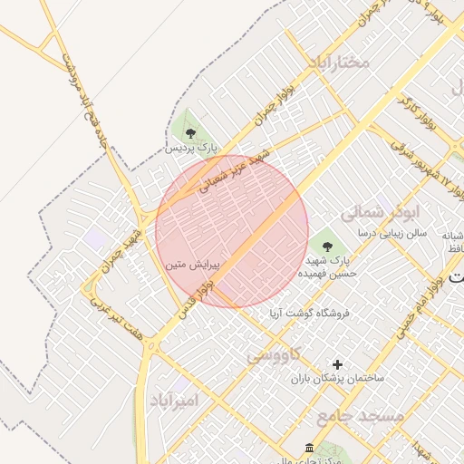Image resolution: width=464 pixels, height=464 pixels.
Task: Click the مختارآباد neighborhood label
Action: [x=339, y=63]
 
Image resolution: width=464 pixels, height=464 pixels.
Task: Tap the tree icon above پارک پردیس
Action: [x=189, y=133]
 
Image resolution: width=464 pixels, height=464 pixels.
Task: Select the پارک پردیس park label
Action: [x=191, y=147]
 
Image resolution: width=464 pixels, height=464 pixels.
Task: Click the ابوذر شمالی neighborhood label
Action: [x=382, y=214]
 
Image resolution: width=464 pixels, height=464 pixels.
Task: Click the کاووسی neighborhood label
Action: [x=274, y=354]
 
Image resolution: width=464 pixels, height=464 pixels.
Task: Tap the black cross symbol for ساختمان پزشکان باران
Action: [x=338, y=363]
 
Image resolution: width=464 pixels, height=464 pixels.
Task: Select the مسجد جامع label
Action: [x=348, y=416]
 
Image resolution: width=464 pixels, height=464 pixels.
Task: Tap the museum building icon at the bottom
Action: [x=310, y=449]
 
